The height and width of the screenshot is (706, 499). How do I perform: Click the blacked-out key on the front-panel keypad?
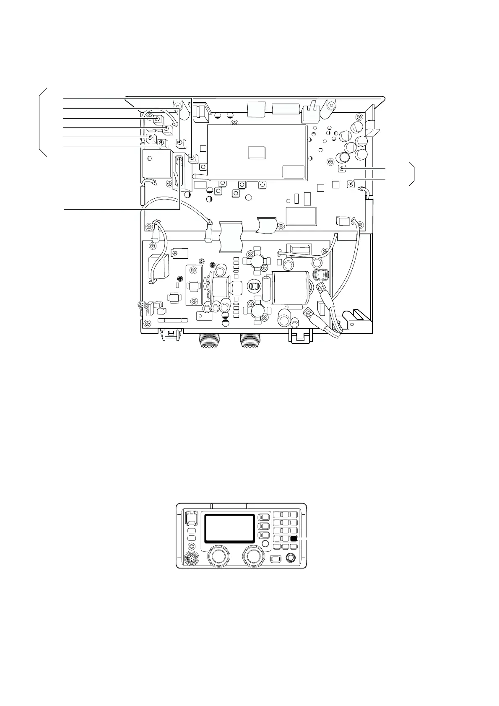[293, 539]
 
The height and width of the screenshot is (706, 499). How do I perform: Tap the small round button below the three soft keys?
[265, 544]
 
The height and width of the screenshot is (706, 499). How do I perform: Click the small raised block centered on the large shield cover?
[257, 152]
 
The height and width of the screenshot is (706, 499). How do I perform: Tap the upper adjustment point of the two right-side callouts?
[342, 169]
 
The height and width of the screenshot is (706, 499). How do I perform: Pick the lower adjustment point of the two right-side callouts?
[351, 183]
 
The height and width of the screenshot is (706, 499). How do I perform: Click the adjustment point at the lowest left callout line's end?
[180, 159]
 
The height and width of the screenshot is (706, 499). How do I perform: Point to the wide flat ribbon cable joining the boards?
[231, 237]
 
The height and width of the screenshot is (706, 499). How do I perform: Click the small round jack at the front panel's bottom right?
[290, 558]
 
